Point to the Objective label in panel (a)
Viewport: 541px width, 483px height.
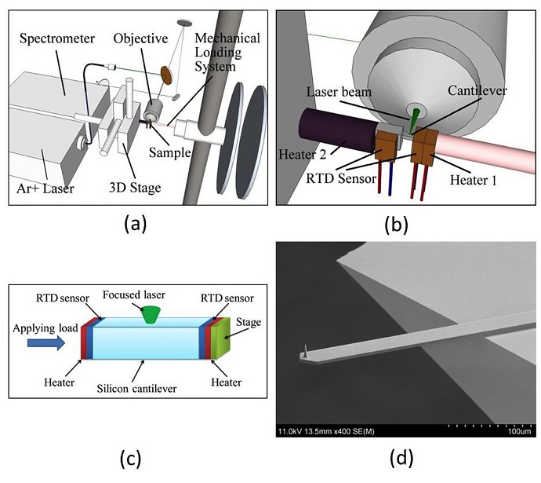[140, 37]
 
